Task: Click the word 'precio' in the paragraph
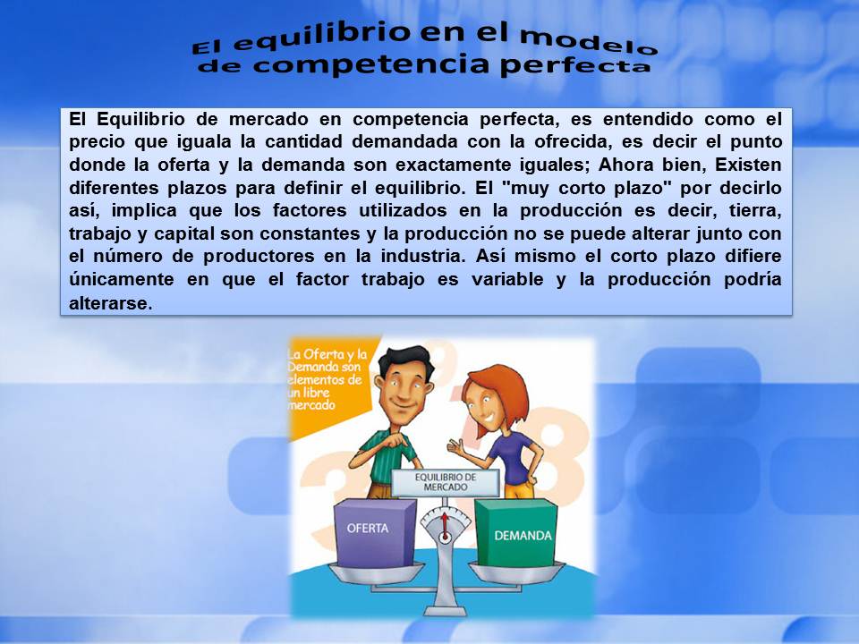click(x=98, y=141)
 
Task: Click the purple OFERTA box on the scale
click(x=375, y=529)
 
